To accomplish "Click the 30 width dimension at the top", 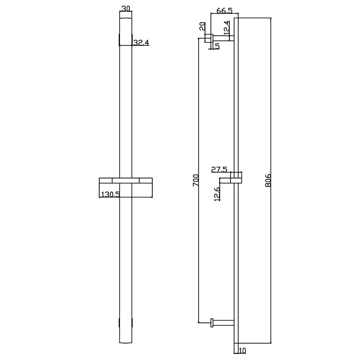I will pos(126,9).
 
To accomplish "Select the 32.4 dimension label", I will pos(141,43).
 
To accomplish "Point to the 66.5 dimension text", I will pos(224,11).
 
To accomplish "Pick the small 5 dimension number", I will pos(217,46).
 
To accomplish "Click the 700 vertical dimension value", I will pos(196,180).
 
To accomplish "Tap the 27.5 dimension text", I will pos(219,169).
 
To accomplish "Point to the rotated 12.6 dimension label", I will pos(217,193).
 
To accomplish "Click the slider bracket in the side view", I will pos(236,178).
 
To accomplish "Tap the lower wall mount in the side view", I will pos(222,323).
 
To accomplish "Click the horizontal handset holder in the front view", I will pos(126,180).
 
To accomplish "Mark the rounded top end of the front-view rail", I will pos(126,19).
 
